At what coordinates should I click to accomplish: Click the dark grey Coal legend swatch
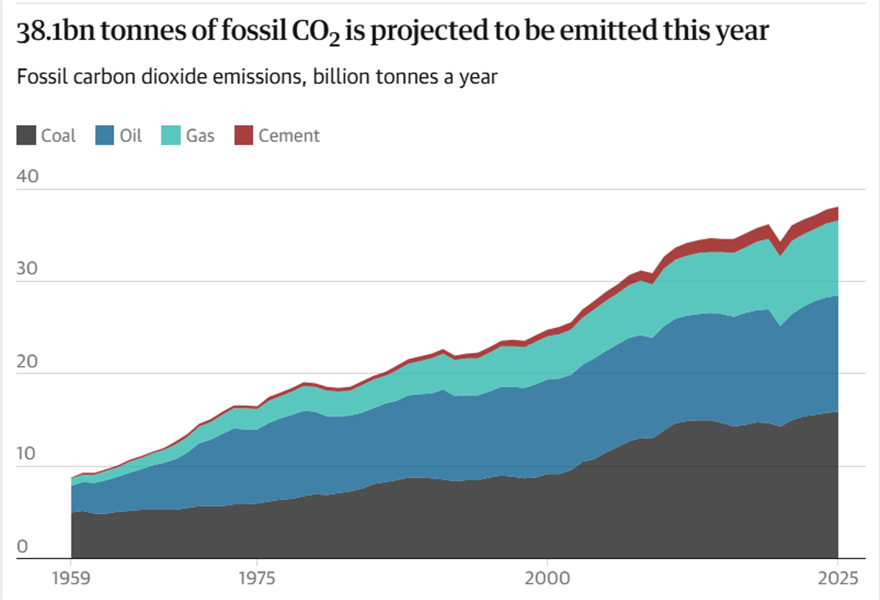(25, 135)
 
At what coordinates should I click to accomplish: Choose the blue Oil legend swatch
(104, 135)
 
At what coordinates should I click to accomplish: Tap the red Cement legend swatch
(243, 135)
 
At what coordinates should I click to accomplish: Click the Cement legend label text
(289, 135)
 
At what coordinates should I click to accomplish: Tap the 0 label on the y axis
(22, 546)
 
